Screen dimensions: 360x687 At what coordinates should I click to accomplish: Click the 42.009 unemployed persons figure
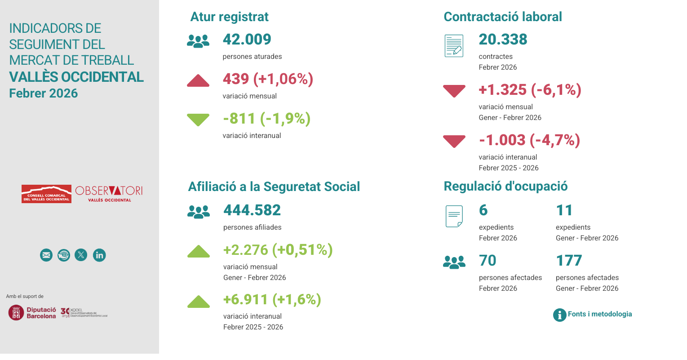coord(247,40)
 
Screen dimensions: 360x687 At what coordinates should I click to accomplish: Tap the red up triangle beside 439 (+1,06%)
coord(198,81)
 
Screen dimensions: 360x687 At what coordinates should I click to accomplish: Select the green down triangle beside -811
coord(198,120)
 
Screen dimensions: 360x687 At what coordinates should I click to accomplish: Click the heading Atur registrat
coord(229,17)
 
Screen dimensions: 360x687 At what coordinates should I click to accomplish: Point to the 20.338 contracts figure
coord(503,40)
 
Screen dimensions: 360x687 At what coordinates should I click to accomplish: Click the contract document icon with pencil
coord(454,46)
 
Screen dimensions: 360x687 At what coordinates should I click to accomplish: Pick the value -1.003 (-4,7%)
coord(529,140)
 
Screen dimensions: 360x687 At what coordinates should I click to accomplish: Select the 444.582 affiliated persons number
coord(252,210)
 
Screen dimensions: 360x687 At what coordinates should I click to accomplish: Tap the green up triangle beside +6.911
coord(198,302)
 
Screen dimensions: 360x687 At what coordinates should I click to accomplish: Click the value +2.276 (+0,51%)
coord(278,250)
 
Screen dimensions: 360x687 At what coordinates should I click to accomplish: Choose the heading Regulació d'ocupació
coord(505,187)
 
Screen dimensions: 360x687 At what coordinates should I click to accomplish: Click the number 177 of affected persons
coord(569,261)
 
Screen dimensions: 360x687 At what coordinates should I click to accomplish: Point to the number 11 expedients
coord(564,210)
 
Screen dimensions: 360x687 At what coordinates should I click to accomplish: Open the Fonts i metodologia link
coord(599,314)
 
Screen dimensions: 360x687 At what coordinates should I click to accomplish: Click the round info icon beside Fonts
coord(559,315)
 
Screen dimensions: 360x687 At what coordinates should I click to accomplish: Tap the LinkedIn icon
coord(99,255)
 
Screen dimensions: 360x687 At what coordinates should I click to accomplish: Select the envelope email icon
coord(46,255)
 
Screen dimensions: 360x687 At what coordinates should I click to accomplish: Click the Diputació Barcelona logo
coord(32,313)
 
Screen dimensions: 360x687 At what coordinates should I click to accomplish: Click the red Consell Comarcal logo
coord(46,194)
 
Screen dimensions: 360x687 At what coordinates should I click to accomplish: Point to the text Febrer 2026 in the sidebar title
coord(44,93)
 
